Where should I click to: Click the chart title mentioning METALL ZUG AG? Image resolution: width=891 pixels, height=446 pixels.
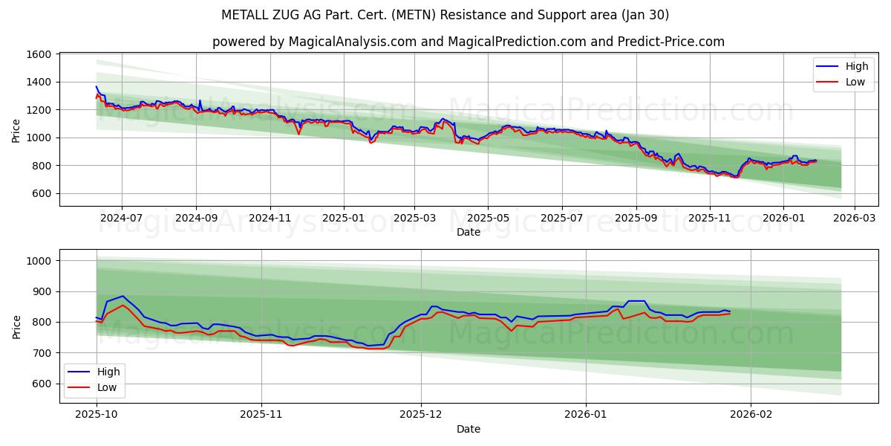[445, 15]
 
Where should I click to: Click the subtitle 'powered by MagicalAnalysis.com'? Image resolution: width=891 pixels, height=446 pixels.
[468, 42]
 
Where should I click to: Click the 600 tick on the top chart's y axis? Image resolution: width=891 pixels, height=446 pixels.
[40, 193]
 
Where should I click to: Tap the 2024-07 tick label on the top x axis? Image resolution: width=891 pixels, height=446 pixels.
[122, 218]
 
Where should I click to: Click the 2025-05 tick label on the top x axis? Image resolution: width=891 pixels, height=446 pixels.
[488, 218]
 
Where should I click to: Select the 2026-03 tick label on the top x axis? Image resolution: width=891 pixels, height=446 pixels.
[854, 218]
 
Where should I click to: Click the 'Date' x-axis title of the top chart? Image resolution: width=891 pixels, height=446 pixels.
[468, 232]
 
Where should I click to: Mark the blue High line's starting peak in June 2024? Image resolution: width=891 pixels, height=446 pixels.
[97, 86]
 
